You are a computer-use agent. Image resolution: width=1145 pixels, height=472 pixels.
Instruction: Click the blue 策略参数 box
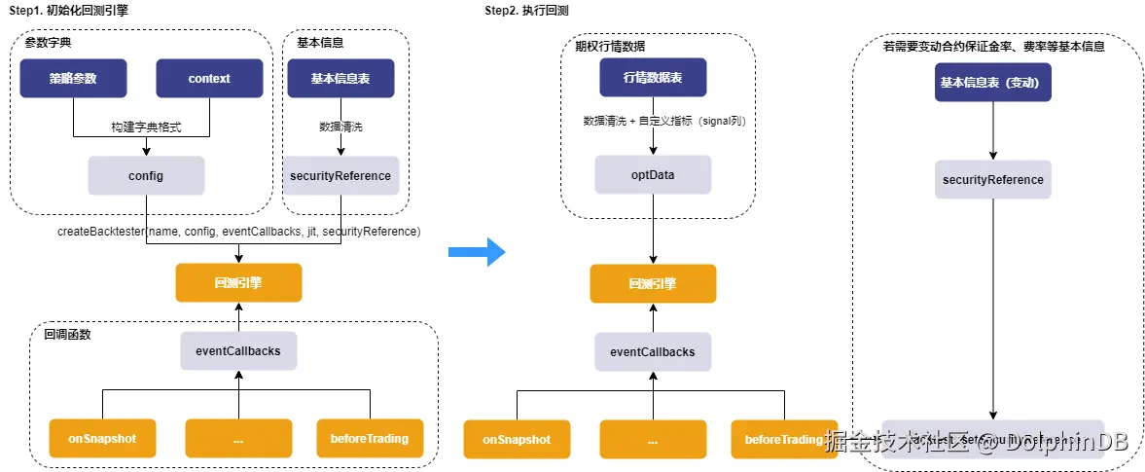[x=73, y=78]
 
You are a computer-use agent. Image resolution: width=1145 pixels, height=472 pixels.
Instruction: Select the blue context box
[x=209, y=78]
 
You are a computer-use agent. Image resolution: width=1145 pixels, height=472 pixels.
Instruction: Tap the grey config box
[x=146, y=176]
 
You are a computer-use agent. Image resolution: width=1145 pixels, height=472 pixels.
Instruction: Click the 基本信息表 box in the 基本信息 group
[x=340, y=78]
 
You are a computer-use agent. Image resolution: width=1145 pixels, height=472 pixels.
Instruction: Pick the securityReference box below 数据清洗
[x=340, y=176]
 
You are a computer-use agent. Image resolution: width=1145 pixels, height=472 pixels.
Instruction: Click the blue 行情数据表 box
[x=653, y=77]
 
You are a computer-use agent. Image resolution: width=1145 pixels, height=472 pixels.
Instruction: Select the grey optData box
[x=653, y=175]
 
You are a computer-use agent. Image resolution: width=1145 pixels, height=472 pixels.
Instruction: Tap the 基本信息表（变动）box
[x=992, y=83]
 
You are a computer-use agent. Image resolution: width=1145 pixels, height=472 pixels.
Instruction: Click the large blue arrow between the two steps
[x=477, y=252]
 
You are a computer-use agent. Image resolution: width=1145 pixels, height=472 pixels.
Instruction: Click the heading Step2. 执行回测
[x=525, y=11]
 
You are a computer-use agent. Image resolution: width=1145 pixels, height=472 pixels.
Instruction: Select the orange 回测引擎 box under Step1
[x=238, y=282]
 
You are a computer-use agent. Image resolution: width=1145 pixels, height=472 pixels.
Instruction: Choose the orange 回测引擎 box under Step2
[x=653, y=284]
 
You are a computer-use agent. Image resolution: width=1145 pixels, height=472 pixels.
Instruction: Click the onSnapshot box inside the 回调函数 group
[x=102, y=439]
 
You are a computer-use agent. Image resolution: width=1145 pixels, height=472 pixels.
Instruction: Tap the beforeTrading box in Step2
[x=784, y=440]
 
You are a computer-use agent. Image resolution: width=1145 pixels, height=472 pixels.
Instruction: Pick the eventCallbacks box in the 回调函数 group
[x=238, y=350]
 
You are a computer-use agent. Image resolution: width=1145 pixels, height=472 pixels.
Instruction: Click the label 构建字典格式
[x=145, y=127]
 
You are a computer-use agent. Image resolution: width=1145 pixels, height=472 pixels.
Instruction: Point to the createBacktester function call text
[x=238, y=232]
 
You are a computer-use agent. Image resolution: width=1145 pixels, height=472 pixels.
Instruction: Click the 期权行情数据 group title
[x=610, y=46]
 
